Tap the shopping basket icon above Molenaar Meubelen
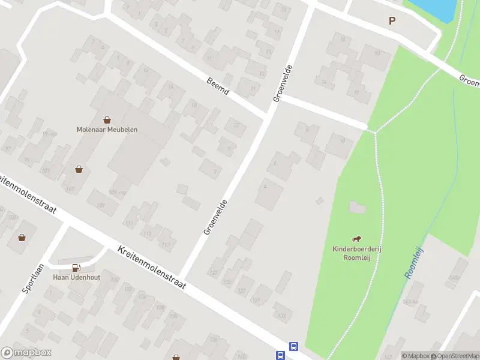[107, 119]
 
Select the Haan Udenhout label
[76, 277]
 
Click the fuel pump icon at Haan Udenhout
[76, 268]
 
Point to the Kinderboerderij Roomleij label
[358, 253]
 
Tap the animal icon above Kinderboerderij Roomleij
[358, 239]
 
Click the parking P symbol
[392, 20]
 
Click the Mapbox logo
[26, 353]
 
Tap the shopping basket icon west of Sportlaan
[22, 238]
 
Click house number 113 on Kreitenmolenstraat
[147, 234]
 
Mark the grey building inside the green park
[357, 208]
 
